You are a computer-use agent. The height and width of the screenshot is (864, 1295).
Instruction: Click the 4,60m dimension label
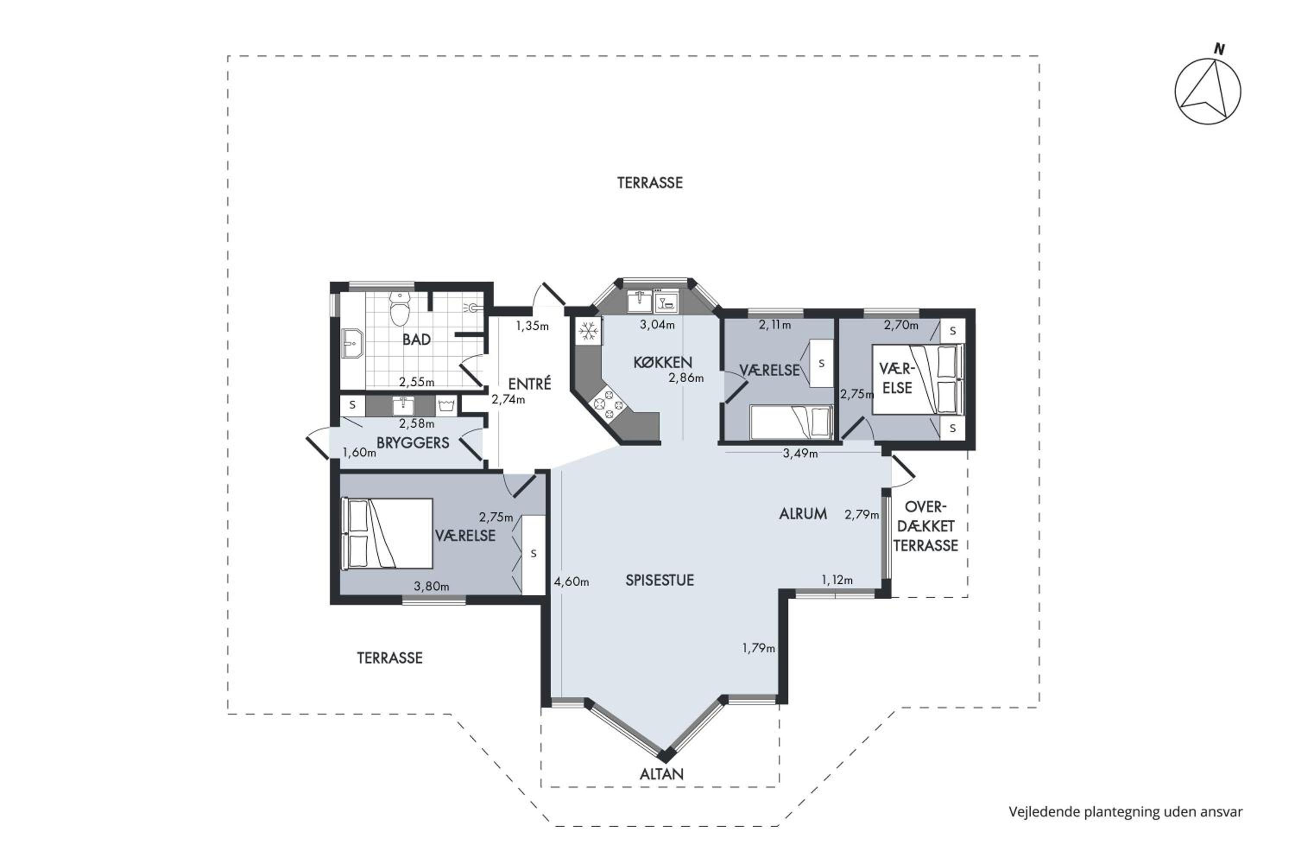click(x=572, y=581)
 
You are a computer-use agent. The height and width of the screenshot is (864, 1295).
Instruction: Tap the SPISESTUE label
click(x=660, y=580)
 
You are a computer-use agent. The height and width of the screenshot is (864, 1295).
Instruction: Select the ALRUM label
click(x=803, y=514)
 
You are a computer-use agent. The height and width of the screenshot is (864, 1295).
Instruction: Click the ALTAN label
click(x=661, y=774)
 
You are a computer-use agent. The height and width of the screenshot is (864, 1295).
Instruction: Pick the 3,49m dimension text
click(x=800, y=454)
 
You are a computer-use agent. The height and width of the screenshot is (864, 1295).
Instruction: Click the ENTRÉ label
click(x=529, y=384)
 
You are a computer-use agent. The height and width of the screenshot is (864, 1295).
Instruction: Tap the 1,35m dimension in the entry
click(x=532, y=326)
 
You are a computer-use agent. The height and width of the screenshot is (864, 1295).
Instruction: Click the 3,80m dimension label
click(x=431, y=586)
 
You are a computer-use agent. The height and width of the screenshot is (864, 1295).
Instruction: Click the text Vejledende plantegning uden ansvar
click(x=1125, y=812)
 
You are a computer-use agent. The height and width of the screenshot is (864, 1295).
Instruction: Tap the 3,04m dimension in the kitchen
click(x=657, y=325)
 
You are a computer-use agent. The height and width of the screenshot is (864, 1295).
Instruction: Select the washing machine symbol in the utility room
click(x=445, y=407)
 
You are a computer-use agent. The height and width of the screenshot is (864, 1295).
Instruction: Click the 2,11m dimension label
click(x=775, y=325)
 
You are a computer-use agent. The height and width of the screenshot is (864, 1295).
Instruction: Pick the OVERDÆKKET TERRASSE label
click(x=925, y=526)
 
